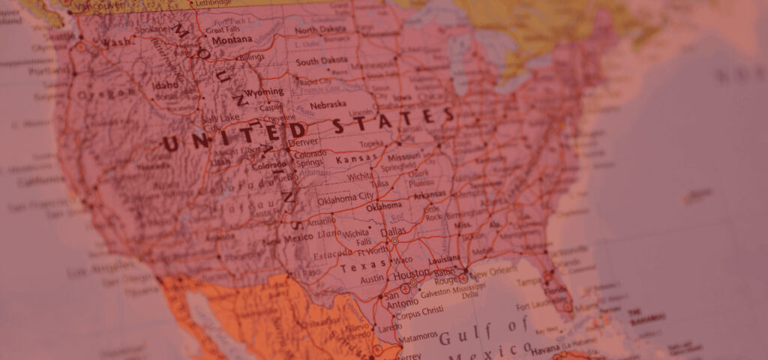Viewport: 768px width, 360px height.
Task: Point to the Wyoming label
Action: tap(265, 92)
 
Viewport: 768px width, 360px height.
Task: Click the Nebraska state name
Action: tap(328, 104)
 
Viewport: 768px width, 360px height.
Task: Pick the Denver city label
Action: tap(303, 142)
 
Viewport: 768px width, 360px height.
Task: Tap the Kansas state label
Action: tap(356, 159)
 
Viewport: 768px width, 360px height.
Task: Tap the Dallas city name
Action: tap(392, 232)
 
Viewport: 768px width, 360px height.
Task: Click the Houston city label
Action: tap(415, 274)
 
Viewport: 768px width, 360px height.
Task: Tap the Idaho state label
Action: tap(165, 85)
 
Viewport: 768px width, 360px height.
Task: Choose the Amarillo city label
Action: tap(321, 220)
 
